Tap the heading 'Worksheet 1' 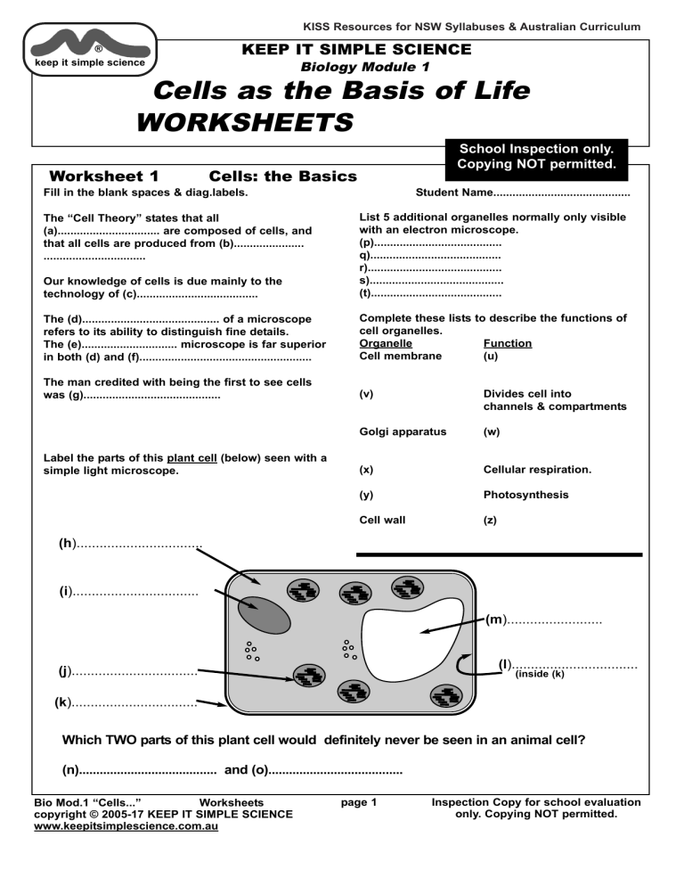point(104,176)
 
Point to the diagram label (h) point(68,543)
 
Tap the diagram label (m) point(496,619)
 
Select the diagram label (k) point(63,702)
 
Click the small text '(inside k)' point(541,674)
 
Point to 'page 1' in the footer point(359,802)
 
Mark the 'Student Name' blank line point(561,193)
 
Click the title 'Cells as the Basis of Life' point(342,91)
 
